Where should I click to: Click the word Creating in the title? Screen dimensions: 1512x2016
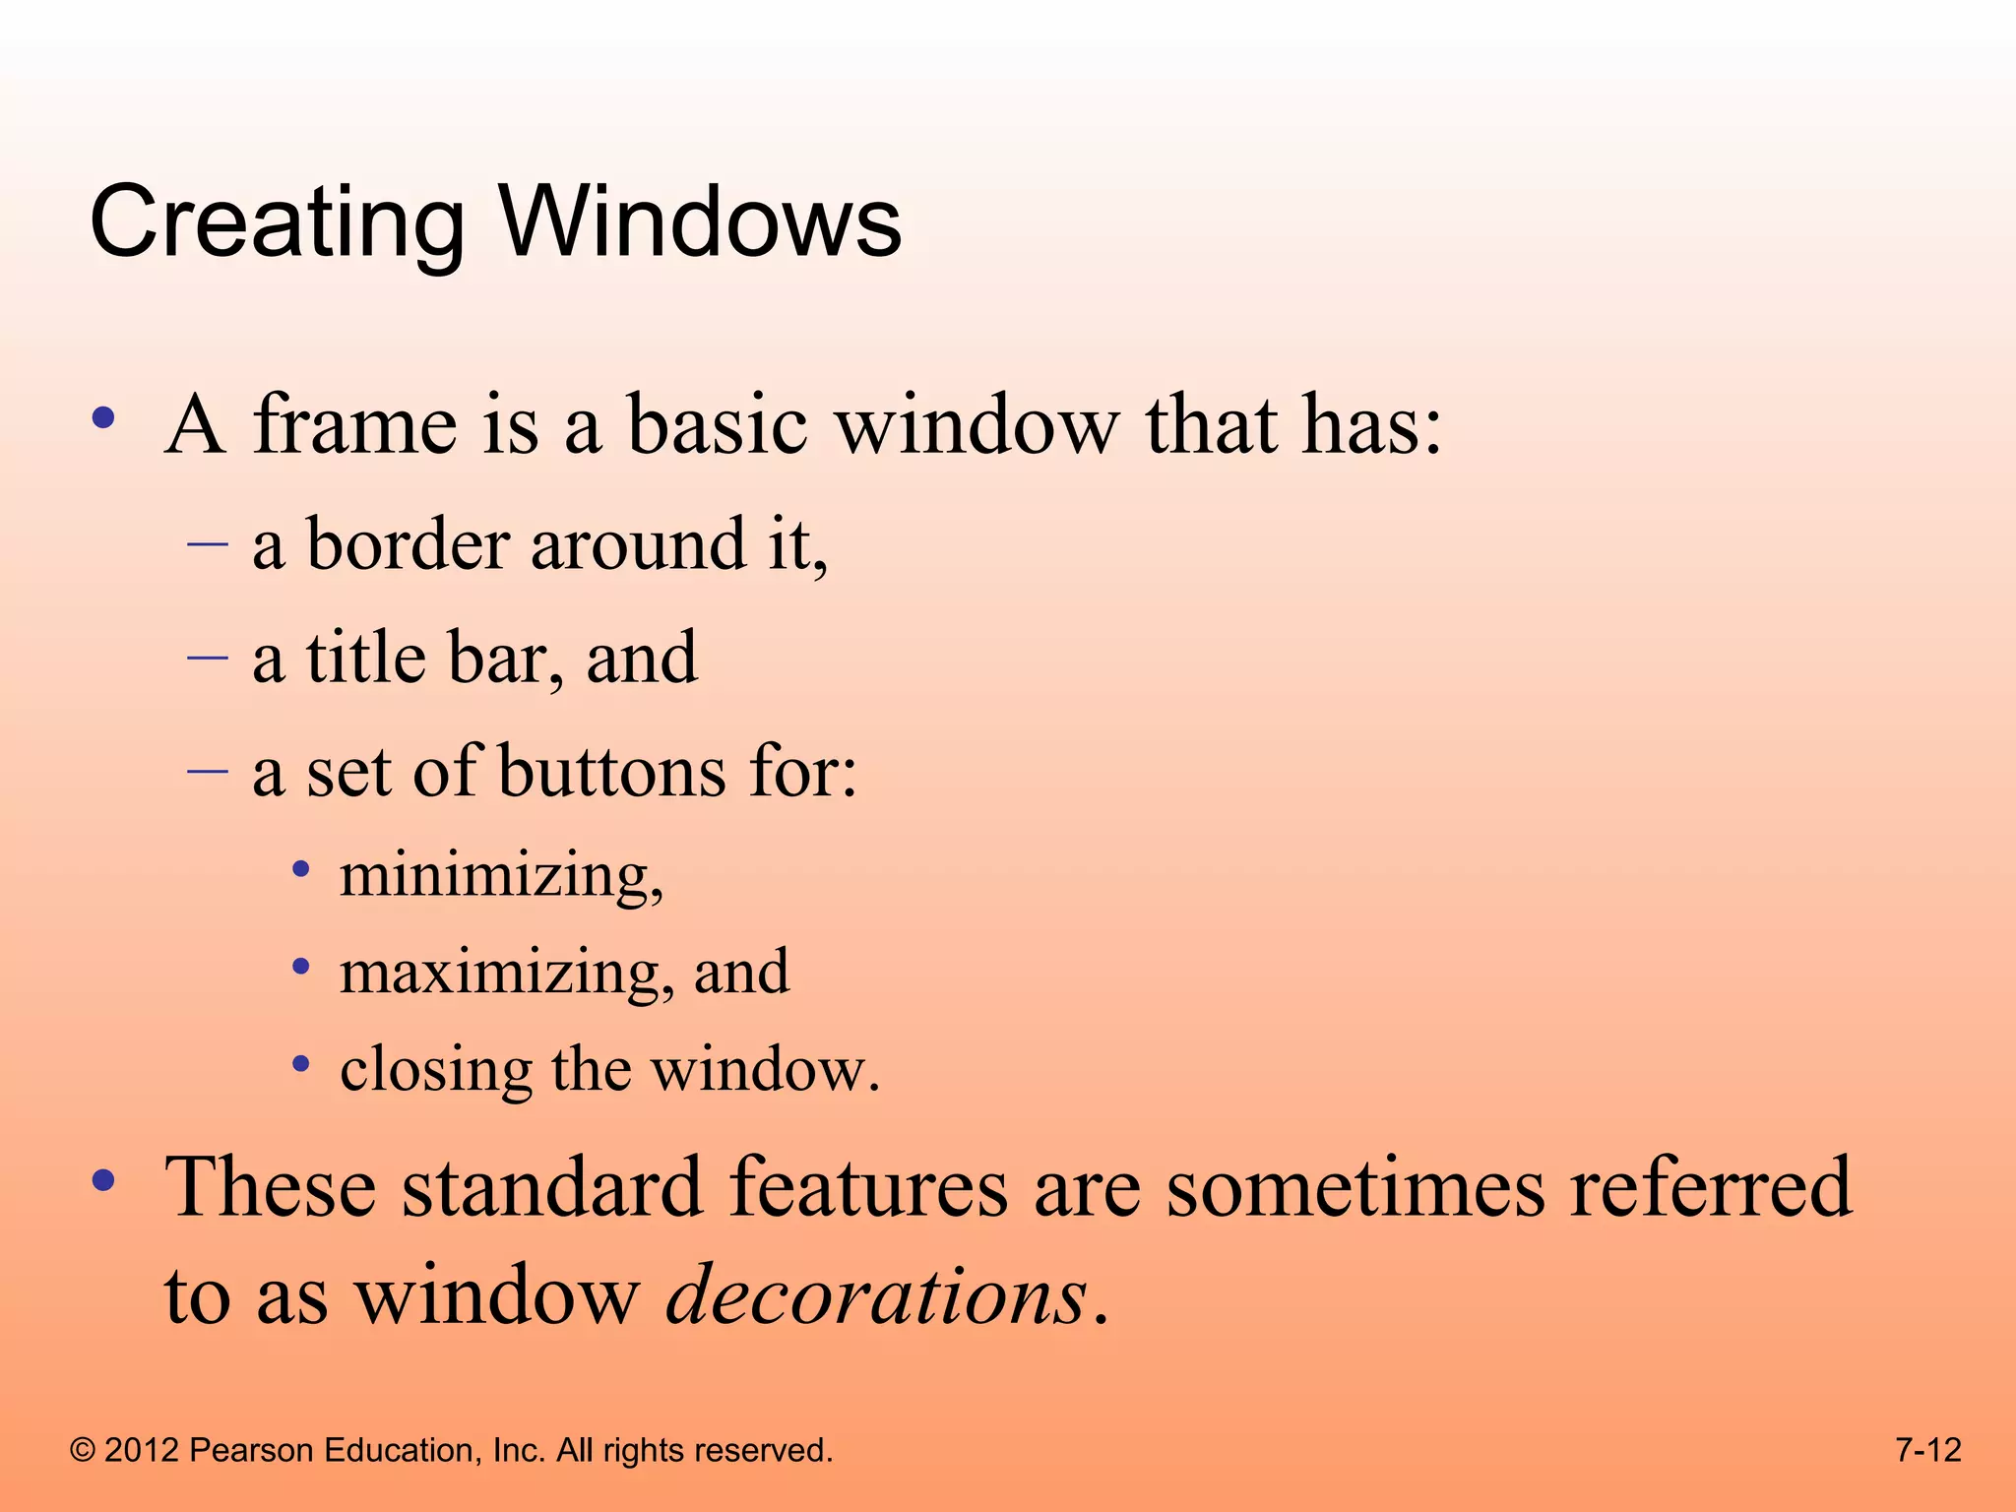pyautogui.click(x=276, y=224)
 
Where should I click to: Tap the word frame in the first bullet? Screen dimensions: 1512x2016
pyautogui.click(x=355, y=425)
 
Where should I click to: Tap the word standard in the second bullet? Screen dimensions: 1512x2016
pyautogui.click(x=551, y=1187)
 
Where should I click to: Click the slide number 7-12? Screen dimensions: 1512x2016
pyautogui.click(x=1927, y=1450)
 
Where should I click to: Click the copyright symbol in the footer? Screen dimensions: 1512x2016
pyautogui.click(x=83, y=1451)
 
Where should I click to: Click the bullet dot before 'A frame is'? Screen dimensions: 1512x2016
pyautogui.click(x=103, y=419)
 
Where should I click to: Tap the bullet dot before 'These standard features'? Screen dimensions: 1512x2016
pyautogui.click(x=103, y=1180)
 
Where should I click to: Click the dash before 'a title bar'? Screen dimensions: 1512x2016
pyautogui.click(x=208, y=657)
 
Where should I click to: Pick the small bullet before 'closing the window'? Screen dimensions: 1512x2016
pyautogui.click(x=302, y=1064)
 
